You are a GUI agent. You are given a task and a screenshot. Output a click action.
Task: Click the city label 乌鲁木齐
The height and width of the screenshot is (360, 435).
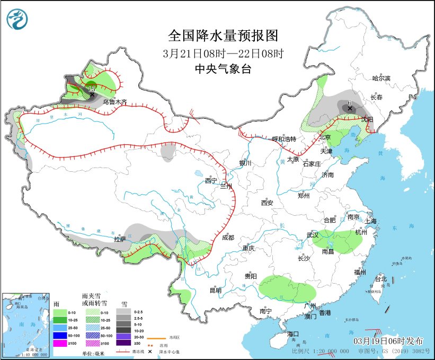point(114,101)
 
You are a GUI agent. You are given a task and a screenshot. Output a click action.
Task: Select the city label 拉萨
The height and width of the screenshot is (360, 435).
point(120,239)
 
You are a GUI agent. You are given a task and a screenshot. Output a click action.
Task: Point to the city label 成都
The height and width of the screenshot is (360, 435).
point(228,238)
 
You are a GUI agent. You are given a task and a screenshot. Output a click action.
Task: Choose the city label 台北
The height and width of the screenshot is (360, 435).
point(380,279)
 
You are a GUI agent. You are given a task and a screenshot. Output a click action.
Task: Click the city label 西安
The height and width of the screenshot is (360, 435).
point(267,203)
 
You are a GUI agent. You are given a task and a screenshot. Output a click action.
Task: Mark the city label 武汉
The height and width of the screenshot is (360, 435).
point(313,235)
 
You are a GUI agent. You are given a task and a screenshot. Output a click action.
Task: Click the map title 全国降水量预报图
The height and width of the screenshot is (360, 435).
point(223,36)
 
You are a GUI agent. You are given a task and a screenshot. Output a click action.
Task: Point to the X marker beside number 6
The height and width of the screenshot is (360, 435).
point(350,109)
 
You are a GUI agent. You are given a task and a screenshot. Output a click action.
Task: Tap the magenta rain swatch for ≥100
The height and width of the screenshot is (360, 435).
point(59,344)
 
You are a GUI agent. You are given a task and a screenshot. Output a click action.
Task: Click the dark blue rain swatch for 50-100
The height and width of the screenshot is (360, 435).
point(59,336)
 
